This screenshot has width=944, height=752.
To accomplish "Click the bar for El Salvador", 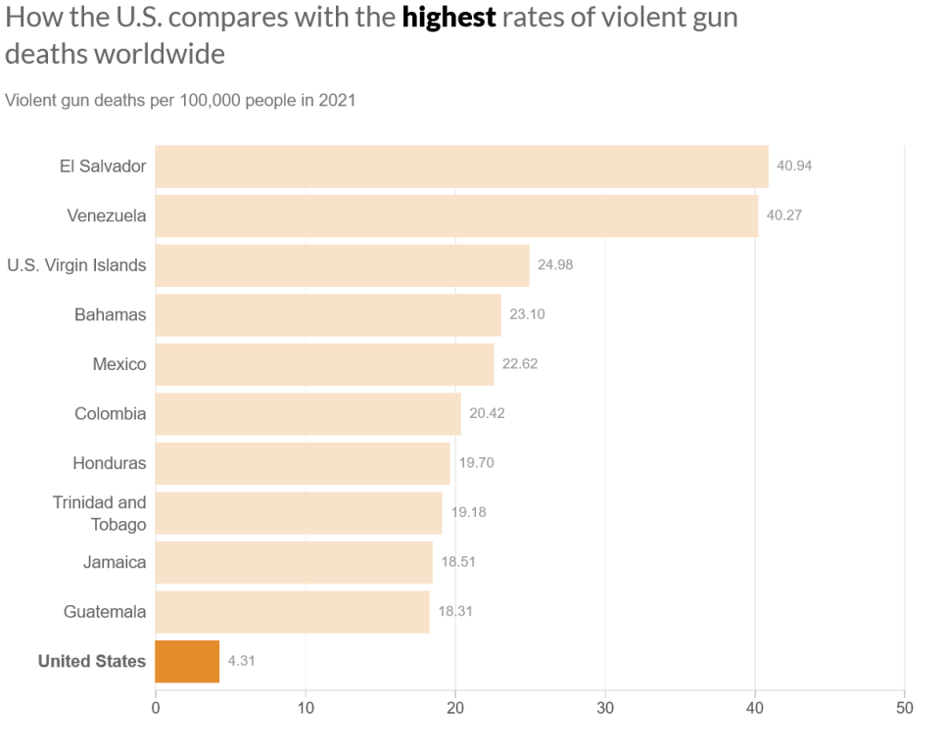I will click(x=461, y=166).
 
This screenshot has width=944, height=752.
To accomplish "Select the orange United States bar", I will click(x=187, y=661).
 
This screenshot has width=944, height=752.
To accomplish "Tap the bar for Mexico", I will click(x=324, y=364).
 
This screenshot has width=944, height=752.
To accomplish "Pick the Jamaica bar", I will click(x=294, y=562).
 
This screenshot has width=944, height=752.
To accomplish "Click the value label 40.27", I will click(x=783, y=215).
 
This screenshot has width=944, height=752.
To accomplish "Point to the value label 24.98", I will click(x=555, y=265).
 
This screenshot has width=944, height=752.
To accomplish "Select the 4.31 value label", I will click(x=242, y=661).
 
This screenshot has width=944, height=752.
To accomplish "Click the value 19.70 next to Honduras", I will click(x=477, y=463).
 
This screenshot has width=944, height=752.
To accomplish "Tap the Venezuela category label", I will click(x=107, y=215).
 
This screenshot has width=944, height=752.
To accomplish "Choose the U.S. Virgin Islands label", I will click(x=76, y=265).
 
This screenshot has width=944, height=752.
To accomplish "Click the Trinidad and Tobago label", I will click(x=100, y=513).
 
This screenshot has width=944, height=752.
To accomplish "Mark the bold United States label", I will click(x=92, y=661).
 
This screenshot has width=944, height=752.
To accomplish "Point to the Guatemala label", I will click(x=105, y=612).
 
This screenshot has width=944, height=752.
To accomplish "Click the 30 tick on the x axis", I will click(x=605, y=708).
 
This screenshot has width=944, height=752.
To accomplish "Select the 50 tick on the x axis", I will click(x=905, y=708).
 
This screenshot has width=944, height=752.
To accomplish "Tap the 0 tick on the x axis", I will click(x=156, y=708).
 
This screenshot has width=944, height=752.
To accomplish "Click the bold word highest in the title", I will click(x=448, y=18).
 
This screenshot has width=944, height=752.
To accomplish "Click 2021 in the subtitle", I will click(x=336, y=101).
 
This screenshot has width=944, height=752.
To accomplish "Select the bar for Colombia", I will click(x=307, y=414).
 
